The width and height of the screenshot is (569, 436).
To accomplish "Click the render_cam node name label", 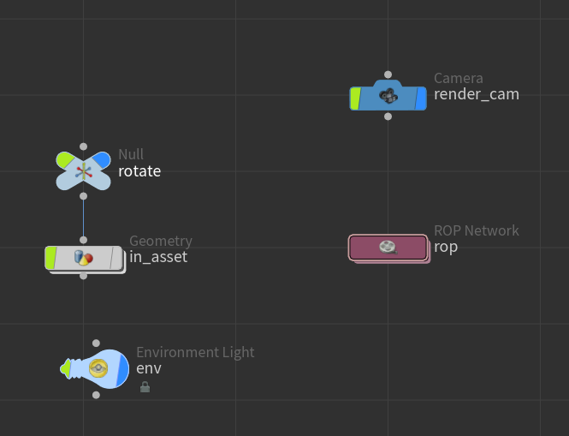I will click(x=476, y=94).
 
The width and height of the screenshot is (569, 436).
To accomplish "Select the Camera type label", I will click(x=458, y=79).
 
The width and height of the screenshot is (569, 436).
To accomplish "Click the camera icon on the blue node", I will click(x=388, y=96).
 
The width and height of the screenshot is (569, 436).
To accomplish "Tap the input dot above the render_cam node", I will click(x=388, y=75).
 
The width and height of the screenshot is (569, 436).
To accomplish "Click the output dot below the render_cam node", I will click(x=388, y=116).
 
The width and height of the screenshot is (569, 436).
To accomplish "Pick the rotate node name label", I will click(x=139, y=170).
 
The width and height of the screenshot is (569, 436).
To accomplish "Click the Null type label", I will click(x=131, y=154).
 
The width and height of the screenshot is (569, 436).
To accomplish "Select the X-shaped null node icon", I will click(x=83, y=170).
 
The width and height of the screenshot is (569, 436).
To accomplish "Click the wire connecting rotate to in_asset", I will click(x=83, y=215).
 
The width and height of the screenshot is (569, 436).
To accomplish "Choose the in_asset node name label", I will click(x=157, y=257).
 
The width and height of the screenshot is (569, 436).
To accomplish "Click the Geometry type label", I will click(x=160, y=242).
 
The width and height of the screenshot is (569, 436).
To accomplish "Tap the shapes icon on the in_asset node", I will click(x=83, y=258).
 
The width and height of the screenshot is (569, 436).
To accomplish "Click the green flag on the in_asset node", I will click(x=50, y=258).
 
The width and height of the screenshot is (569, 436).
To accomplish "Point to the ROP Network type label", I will click(x=476, y=230).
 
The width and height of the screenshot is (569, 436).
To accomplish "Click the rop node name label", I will click(x=446, y=247).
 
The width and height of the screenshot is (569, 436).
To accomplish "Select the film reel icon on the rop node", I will click(x=388, y=248).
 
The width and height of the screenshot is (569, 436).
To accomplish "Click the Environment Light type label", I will click(x=195, y=352).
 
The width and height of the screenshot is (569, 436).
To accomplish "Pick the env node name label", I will click(x=148, y=368).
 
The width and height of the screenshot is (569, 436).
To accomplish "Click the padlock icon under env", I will click(x=145, y=387).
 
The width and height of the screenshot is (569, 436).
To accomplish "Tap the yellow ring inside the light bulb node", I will click(x=98, y=368).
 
